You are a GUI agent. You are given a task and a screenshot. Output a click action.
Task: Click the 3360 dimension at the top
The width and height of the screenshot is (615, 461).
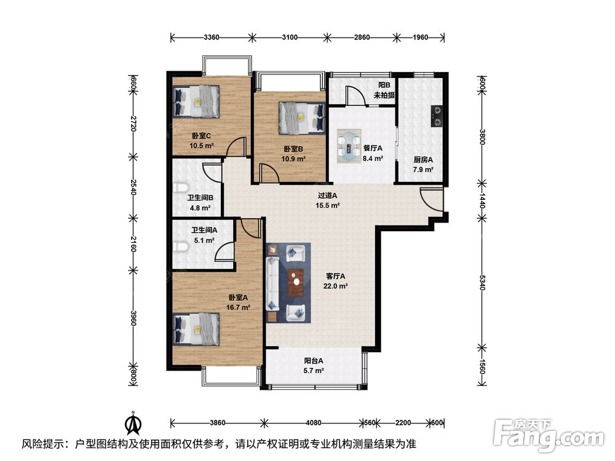pyautogui.click(x=212, y=37)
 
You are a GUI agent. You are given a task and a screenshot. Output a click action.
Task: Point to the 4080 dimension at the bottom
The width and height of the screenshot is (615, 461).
pyautogui.click(x=314, y=423)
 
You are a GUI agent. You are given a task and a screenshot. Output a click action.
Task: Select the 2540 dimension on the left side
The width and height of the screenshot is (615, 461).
pyautogui.click(x=133, y=187)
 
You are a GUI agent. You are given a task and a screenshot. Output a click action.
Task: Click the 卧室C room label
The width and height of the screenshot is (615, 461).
pyautogui.click(x=201, y=136)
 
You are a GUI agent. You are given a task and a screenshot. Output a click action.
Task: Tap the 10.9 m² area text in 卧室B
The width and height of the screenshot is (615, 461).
pyautogui.click(x=293, y=159)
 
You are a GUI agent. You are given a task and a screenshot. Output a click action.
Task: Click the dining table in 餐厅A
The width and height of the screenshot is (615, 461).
pyautogui.click(x=349, y=146)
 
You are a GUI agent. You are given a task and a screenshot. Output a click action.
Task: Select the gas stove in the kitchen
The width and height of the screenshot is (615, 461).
pyautogui.click(x=436, y=116)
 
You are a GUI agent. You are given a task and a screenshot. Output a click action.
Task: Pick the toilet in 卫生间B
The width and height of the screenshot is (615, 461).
pyautogui.click(x=179, y=187)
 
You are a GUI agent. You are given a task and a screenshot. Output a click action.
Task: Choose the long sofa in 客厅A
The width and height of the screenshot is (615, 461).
pyautogui.click(x=272, y=283)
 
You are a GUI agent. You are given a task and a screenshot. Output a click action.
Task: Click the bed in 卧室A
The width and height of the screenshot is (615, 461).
pyautogui.click(x=196, y=329)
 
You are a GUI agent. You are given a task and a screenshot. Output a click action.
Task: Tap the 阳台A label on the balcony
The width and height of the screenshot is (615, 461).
pyautogui.click(x=314, y=361)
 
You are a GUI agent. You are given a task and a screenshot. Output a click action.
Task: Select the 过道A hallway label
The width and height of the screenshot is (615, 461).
pyautogui.click(x=328, y=195)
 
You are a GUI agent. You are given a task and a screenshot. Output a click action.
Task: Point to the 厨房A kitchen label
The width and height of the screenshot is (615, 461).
pyautogui.click(x=423, y=160)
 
